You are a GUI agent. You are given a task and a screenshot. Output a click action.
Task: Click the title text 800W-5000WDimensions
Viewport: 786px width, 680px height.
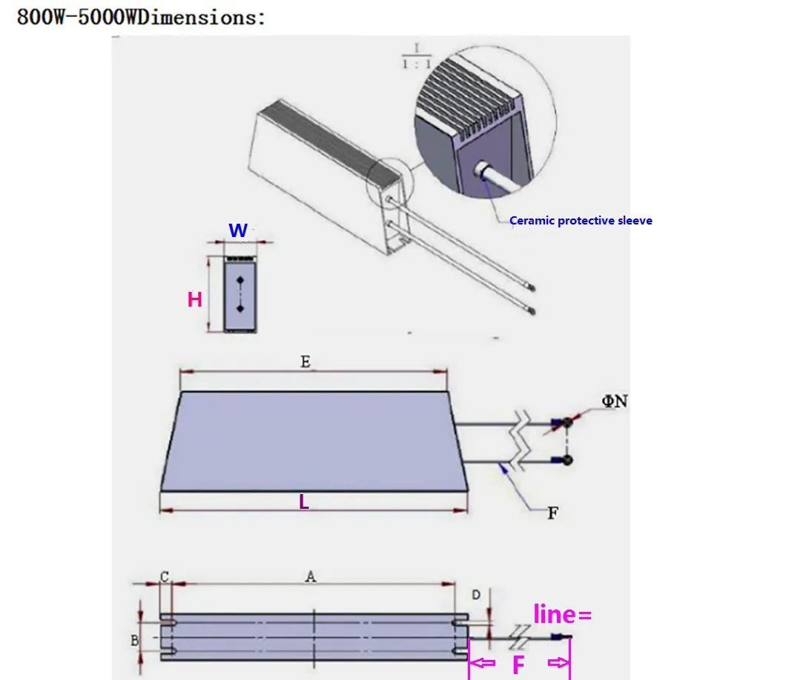tap(141, 16)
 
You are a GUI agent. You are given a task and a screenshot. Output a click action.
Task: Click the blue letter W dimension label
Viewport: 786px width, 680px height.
tap(238, 230)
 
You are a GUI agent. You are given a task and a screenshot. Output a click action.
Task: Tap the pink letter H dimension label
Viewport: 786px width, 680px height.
tap(195, 299)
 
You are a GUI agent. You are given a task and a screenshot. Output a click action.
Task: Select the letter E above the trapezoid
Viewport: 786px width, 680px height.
tap(305, 361)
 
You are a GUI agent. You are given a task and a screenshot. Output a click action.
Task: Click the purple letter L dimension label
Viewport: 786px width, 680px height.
tap(303, 501)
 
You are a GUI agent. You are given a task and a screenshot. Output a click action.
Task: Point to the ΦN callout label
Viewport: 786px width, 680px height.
tap(615, 401)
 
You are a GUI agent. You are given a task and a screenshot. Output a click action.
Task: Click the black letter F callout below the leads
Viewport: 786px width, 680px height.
tap(552, 513)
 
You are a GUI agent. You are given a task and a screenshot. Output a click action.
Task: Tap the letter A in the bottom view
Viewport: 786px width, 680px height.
tap(311, 576)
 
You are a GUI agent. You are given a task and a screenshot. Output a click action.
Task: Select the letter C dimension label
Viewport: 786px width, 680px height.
tap(165, 576)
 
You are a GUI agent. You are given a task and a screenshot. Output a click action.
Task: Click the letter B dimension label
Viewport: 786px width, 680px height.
tap(135, 640)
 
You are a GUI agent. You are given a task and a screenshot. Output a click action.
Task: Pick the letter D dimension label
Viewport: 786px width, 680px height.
tap(476, 594)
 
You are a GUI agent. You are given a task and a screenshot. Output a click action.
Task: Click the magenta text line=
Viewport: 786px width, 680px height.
tap(562, 614)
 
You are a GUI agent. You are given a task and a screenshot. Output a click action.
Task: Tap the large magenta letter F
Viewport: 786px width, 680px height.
tap(519, 665)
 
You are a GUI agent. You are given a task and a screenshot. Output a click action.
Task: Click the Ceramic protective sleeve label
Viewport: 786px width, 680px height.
tap(581, 221)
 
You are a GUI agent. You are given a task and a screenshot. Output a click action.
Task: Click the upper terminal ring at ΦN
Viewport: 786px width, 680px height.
tap(567, 422)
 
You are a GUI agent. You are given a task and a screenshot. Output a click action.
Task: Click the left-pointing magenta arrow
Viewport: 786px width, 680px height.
tap(484, 663)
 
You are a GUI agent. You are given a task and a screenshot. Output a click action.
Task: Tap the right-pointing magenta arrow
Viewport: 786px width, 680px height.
tap(557, 663)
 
